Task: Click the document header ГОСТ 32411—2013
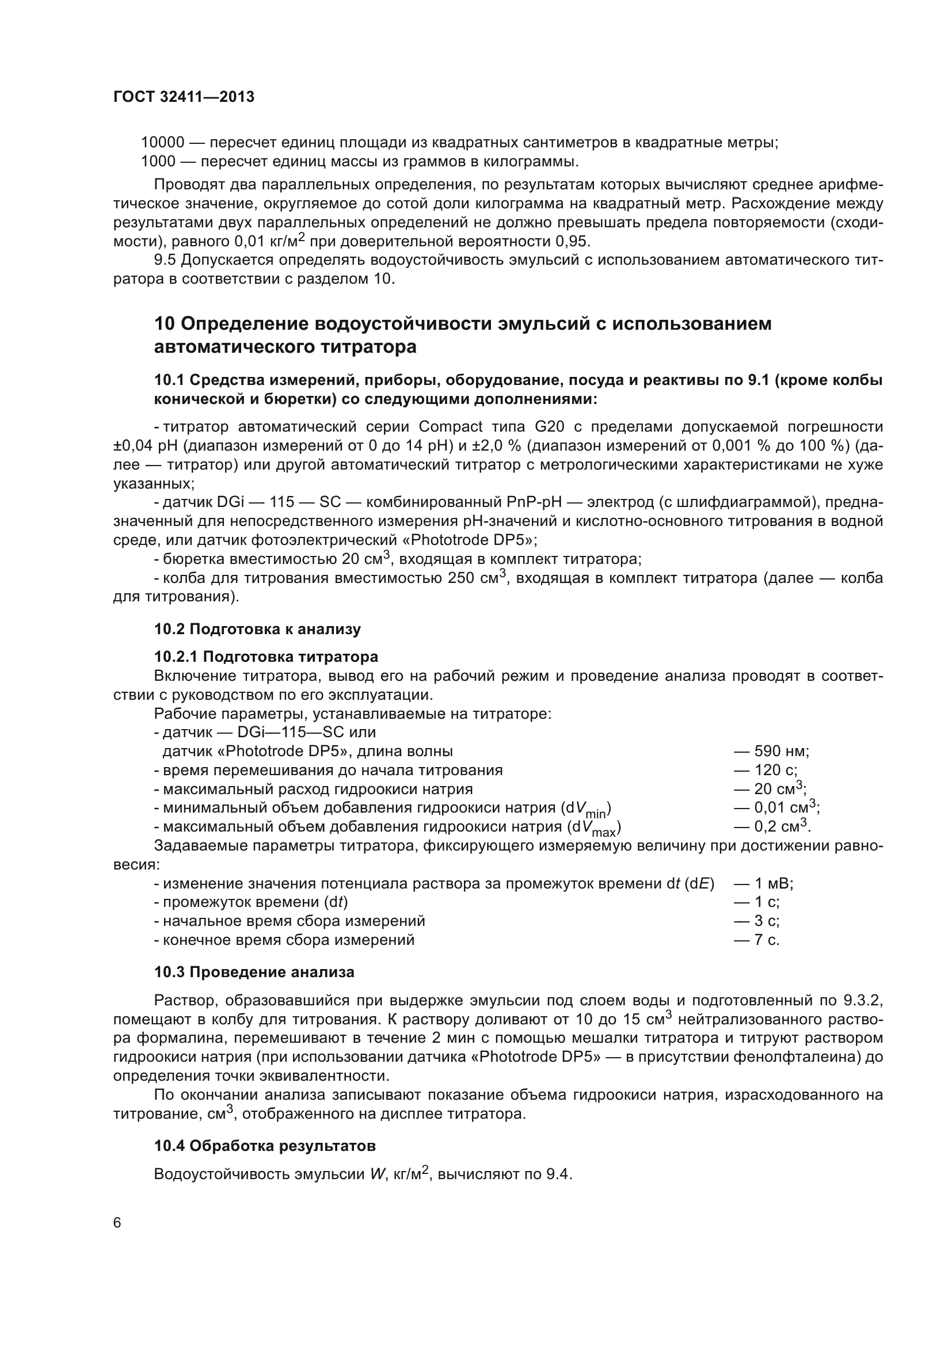coord(184,97)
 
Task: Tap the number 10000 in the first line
coord(162,143)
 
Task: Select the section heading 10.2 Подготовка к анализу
coord(257,629)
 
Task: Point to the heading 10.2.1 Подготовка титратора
coord(265,657)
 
